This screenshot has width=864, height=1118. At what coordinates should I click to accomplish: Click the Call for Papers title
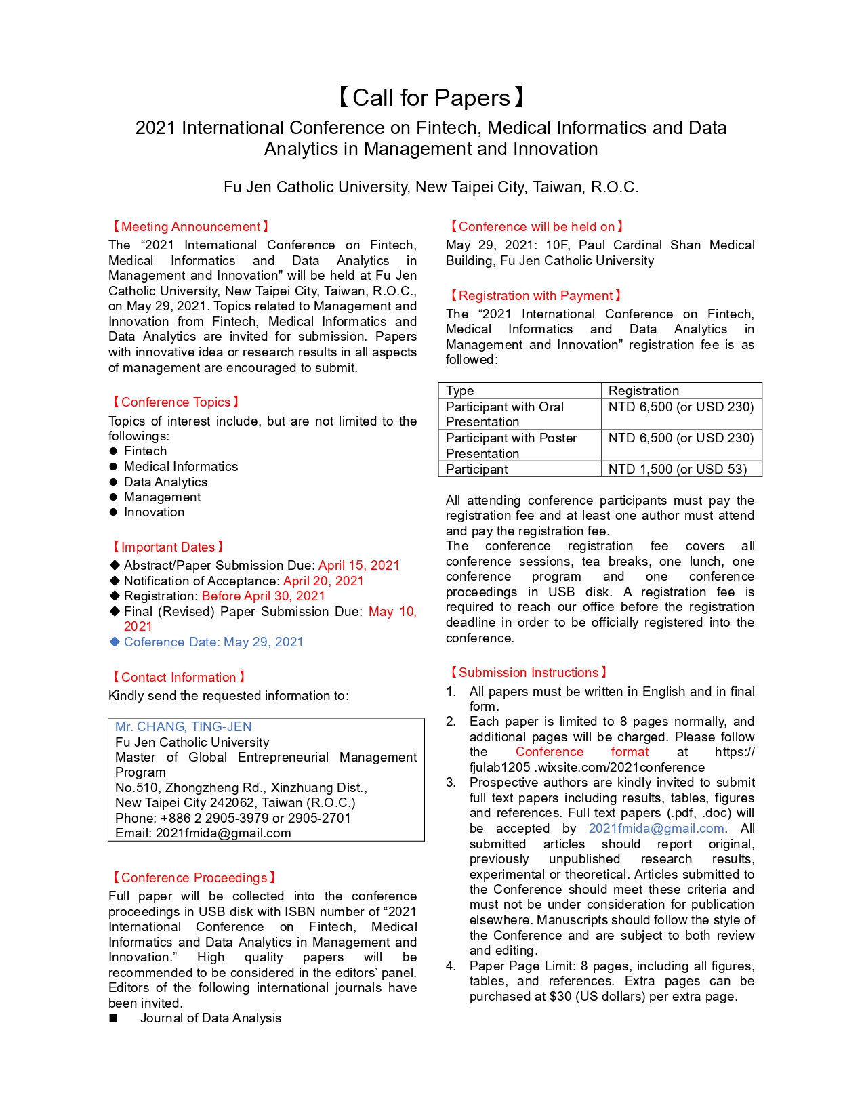431,98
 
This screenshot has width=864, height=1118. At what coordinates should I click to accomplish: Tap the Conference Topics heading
176,402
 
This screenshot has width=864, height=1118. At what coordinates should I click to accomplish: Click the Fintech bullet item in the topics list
145,451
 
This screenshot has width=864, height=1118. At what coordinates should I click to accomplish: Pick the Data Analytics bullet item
165,482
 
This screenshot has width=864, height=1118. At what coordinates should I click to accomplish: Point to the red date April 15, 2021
359,566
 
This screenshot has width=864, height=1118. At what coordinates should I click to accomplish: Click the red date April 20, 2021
323,581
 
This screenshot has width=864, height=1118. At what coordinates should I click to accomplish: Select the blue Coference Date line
213,642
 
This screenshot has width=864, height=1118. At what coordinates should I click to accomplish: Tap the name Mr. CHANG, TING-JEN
184,727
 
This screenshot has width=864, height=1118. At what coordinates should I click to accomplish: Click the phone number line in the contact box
233,819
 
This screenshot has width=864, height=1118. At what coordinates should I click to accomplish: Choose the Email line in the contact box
203,833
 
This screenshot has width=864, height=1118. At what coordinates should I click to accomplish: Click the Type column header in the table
460,391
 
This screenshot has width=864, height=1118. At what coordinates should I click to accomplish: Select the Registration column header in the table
644,391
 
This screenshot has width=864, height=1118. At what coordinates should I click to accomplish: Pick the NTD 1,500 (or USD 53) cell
678,470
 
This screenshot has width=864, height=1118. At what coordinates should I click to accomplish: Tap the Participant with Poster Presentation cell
512,446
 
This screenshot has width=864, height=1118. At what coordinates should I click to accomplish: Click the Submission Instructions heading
528,673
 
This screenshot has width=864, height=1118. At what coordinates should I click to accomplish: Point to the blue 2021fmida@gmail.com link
656,829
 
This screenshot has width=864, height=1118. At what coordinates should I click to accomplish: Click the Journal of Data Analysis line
210,1018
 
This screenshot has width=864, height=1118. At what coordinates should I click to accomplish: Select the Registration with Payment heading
535,296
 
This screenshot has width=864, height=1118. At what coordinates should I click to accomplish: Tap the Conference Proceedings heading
194,878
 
